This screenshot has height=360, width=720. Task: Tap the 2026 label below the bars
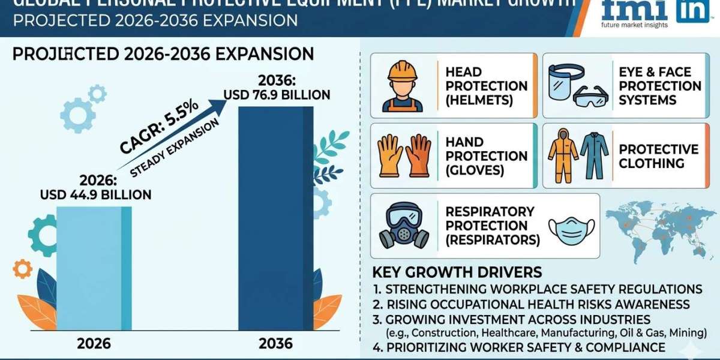click(x=94, y=344)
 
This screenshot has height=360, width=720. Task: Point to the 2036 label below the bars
click(x=275, y=344)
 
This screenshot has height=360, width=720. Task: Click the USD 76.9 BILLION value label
click(x=277, y=95)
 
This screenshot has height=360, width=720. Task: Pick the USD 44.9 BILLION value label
click(x=96, y=194)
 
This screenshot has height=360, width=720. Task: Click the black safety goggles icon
click(x=591, y=97)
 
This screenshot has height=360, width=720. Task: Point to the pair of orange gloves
click(x=405, y=155)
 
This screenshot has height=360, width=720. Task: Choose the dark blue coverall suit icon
click(x=594, y=155)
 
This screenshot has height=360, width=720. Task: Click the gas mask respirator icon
click(x=402, y=225)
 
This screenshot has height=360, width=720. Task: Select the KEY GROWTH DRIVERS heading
click(x=457, y=271)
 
